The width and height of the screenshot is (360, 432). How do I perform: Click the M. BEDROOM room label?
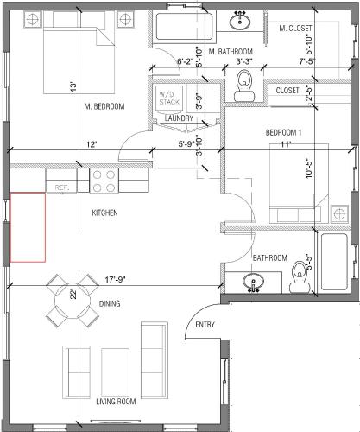coord(104,106)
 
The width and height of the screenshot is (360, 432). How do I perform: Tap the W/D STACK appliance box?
coord(169,98)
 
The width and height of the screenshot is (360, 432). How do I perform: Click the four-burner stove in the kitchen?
coord(104,181)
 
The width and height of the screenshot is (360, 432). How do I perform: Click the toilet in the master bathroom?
coord(244,86)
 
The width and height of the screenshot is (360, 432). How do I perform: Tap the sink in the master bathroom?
coord(240,21)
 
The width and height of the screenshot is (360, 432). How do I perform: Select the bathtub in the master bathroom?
coord(185,26)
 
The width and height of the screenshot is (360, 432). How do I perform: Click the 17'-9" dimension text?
coord(116,280)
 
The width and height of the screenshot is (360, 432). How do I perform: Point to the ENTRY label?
coord(205,325)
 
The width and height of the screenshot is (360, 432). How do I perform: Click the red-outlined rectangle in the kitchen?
coord(28,227)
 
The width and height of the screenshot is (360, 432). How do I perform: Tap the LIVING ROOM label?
coord(116,402)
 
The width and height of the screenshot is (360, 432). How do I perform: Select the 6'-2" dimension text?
coord(186,61)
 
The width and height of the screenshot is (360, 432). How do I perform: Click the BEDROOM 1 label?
coord(283,133)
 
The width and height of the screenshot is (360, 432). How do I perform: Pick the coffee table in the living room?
coord(115,372)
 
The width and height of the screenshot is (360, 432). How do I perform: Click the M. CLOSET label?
coord(295,29)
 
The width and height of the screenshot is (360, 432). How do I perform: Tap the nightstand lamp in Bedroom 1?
coord(339,214)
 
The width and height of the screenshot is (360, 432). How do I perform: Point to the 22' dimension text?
coord(74,294)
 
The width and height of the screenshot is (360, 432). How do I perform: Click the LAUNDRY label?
coord(179,118)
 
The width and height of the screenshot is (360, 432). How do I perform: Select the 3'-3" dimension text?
coord(244,61)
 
